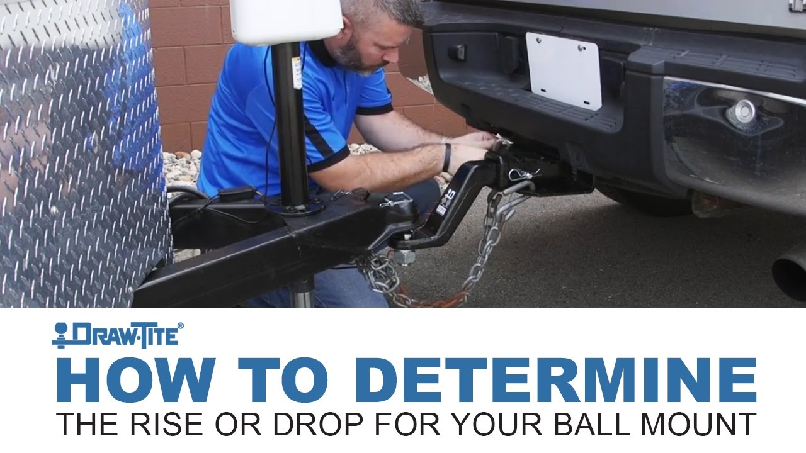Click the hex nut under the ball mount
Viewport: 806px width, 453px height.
(x=404, y=257)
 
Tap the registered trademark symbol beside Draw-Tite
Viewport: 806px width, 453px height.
(x=181, y=326)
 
